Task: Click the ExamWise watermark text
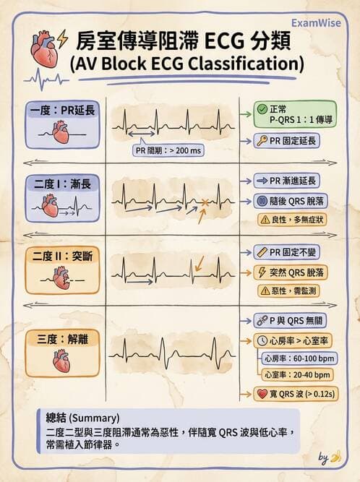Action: (316, 23)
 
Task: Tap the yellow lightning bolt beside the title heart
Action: (62, 39)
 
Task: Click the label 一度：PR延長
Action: (63, 111)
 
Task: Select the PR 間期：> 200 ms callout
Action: (168, 150)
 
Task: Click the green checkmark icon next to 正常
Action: (262, 109)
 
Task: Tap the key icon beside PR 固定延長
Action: (262, 141)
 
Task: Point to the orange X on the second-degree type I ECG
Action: (205, 202)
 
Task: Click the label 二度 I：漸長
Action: (63, 184)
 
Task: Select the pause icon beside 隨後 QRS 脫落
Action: (262, 201)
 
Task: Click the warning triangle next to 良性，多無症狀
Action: (265, 220)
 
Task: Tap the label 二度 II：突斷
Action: (63, 256)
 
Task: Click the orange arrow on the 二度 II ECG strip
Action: (200, 264)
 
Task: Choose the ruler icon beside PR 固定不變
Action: (262, 252)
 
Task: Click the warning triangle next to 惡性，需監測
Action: (265, 291)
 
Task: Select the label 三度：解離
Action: (63, 340)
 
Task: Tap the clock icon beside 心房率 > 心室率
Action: (262, 341)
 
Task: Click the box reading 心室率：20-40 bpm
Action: (297, 375)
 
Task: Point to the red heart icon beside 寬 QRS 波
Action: (262, 394)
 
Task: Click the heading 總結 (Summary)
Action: (82, 418)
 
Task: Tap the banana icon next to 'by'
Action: (336, 457)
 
